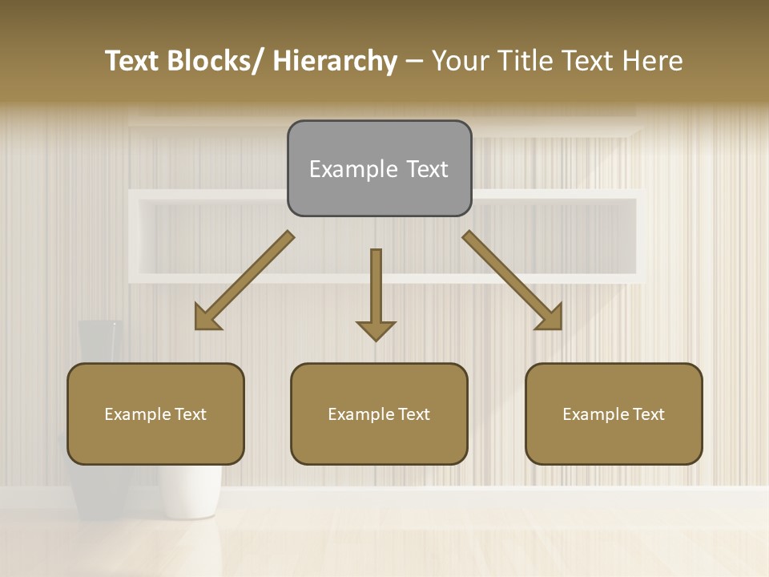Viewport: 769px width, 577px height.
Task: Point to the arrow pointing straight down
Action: [x=376, y=293]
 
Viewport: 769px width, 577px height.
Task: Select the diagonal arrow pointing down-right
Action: [x=512, y=280]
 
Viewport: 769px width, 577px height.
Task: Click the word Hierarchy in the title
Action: [x=335, y=62]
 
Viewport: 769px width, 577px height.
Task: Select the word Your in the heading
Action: [x=461, y=62]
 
